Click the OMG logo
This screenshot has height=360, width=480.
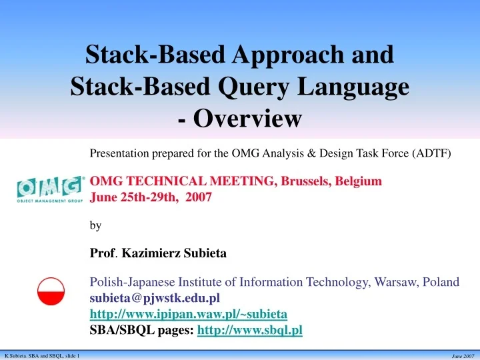pos(51,189)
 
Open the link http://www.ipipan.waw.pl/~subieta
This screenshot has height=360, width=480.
pos(188,313)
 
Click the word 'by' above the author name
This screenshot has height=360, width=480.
pos(95,226)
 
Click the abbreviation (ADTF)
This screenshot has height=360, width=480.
pos(430,153)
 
